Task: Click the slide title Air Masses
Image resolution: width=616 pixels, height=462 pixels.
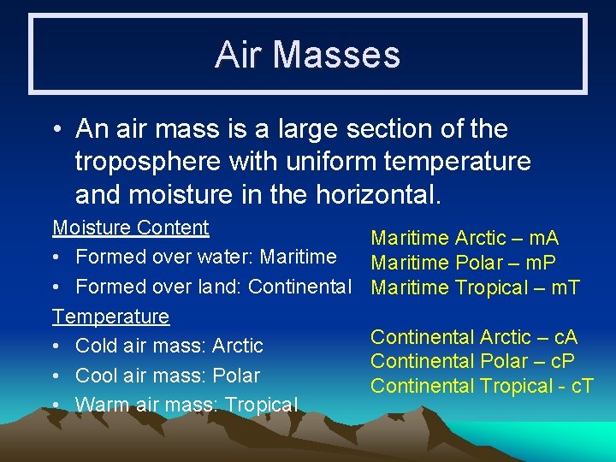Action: pos(307,55)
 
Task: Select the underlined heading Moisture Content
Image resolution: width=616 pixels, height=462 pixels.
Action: pos(131,228)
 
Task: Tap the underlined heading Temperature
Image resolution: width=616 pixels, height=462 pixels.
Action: pos(111,317)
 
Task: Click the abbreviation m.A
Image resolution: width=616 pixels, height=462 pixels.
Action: pos(539,238)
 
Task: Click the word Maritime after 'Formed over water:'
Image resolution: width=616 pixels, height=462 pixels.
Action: pos(298,257)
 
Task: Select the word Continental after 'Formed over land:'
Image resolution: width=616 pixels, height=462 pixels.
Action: pos(299,287)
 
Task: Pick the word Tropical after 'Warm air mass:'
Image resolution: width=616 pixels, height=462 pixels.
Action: pos(259,405)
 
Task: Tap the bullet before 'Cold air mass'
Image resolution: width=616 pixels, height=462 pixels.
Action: pos(57,346)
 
